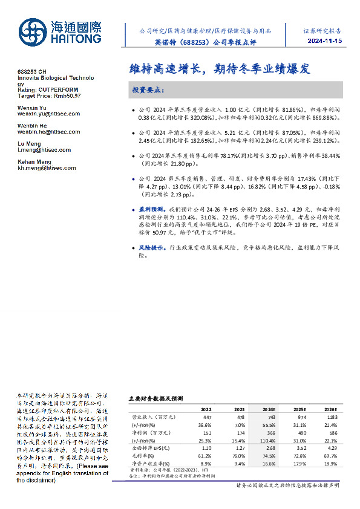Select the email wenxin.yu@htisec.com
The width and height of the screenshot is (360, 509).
[x=45, y=113]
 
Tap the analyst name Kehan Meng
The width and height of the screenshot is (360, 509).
[x=34, y=162]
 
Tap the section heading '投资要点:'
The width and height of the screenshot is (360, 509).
[x=147, y=90]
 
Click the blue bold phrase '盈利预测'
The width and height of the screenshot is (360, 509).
[x=148, y=208]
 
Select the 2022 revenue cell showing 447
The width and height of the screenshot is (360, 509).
[x=207, y=417]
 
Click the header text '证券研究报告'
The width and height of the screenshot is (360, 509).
[x=322, y=30]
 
